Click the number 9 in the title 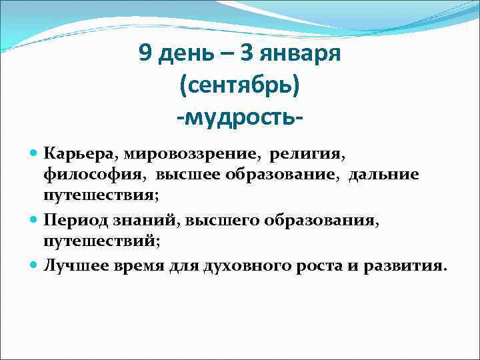click(x=146, y=53)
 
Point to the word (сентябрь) click(x=240, y=85)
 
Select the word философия click(x=97, y=175)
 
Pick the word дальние click(x=383, y=175)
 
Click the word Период click(x=76, y=219)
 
